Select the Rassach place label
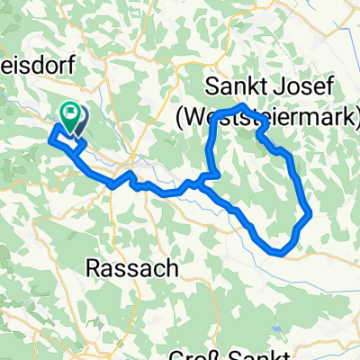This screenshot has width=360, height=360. pyautogui.click(x=133, y=268)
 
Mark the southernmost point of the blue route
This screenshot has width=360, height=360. pyautogui.click(x=284, y=254)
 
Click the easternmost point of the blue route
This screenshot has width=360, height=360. pyautogui.click(x=310, y=214)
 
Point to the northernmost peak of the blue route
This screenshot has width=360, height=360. pyautogui.click(x=242, y=107)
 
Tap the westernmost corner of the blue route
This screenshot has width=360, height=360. pyautogui.click(x=50, y=139)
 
